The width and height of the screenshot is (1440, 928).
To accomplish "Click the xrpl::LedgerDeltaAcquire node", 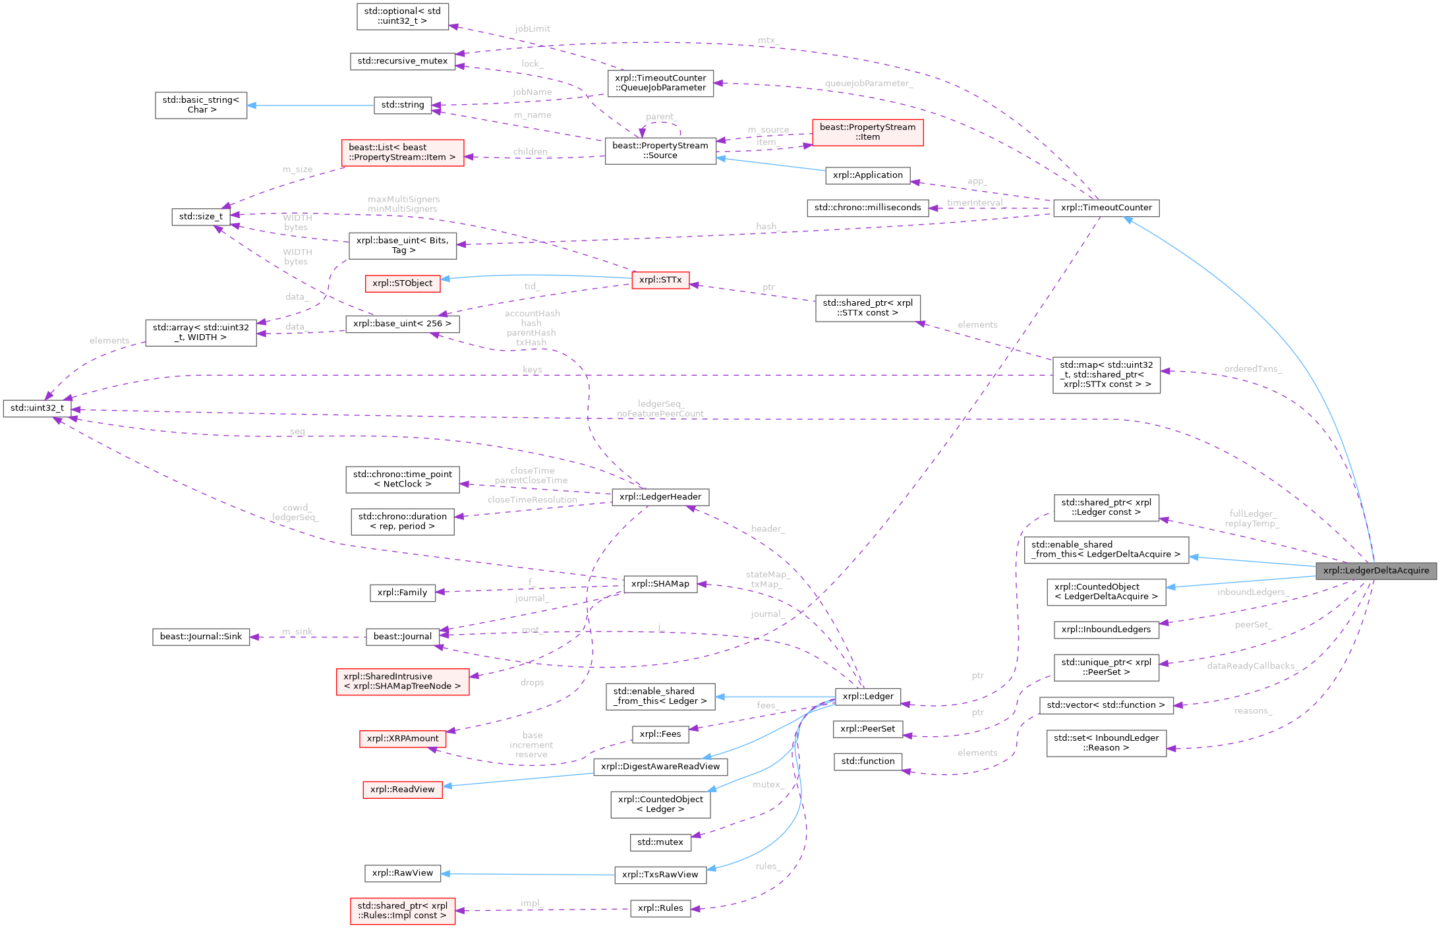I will [x=1376, y=571].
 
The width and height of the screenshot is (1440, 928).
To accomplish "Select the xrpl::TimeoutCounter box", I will [x=1106, y=208].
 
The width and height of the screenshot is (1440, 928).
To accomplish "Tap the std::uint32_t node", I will [x=37, y=408].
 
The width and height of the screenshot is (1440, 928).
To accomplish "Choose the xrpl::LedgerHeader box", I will [x=660, y=497].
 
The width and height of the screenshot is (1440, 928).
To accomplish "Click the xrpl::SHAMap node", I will [x=660, y=584].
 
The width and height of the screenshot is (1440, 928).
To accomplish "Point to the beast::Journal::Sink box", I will [x=201, y=637].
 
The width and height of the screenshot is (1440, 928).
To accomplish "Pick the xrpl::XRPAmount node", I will [x=403, y=739].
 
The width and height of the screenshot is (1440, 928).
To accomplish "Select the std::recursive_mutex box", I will [x=402, y=61].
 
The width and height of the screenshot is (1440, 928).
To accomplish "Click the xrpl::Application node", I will [x=867, y=175].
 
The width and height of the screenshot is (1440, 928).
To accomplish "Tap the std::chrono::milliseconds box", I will [x=867, y=208].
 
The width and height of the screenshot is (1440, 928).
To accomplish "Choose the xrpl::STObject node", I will [x=402, y=283].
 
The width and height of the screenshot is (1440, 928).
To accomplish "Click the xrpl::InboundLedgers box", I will [x=1106, y=629].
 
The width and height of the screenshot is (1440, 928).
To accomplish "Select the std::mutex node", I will [x=660, y=842].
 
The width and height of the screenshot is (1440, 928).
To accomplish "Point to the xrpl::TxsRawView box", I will [x=660, y=875].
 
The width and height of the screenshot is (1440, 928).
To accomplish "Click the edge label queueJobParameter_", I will [x=869, y=84].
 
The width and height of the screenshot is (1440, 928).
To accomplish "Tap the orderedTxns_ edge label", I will [x=1253, y=369].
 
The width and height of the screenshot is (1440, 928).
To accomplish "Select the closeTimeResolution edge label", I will [x=533, y=500].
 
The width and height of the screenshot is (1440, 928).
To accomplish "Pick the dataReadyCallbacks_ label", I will [x=1252, y=666].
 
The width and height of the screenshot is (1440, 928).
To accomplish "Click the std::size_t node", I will [x=201, y=217].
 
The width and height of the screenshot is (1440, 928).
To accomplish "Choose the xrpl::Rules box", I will [x=660, y=908].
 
